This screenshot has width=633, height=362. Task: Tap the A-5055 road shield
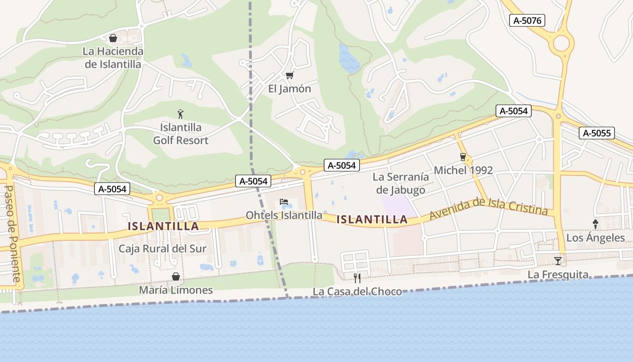coord(596,133)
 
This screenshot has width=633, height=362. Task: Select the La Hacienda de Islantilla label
coord(113,57)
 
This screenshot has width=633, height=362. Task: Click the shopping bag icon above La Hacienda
coord(113,38)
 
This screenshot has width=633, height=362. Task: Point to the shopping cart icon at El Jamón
coord(289,75)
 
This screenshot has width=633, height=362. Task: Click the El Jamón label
coord(289,89)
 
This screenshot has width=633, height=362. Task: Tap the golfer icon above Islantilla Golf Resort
coord(180,114)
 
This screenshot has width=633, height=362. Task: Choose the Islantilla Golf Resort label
coord(180,134)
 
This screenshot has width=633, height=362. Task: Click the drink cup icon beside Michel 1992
coord(463,157)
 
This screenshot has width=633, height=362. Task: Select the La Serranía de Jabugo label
coord(401,183)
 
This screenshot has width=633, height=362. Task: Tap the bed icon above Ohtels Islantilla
coord(284,201)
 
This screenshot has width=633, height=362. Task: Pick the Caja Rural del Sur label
coord(162,248)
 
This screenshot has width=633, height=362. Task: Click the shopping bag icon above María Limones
coord(175,276)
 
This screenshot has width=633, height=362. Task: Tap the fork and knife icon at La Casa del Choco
coord(357,277)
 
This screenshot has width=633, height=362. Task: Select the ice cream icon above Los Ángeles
coord(595,224)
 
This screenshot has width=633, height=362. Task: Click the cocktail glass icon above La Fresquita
coord(558,261)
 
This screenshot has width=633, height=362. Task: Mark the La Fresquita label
coord(558,275)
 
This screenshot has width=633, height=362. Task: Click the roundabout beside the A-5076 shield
coord(561,44)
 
